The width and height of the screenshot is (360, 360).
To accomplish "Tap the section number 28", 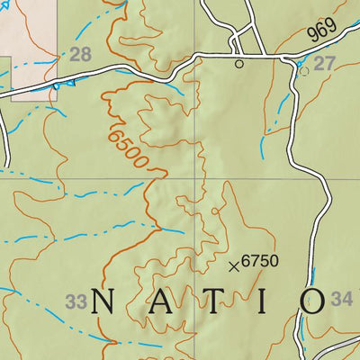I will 80,56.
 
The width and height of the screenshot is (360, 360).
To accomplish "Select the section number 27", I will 324,64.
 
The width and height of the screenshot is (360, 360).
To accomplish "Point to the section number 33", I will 76,302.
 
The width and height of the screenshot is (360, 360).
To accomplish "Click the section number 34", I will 342,300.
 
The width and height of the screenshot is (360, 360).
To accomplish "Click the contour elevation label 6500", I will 125,147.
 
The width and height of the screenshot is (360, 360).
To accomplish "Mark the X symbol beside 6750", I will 234,265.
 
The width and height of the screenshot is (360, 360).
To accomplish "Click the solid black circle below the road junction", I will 239,64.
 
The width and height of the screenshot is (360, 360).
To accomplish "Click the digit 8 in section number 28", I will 85,56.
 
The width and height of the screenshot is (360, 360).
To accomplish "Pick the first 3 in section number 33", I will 70,302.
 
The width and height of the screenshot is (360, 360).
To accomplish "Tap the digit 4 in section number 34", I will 347,300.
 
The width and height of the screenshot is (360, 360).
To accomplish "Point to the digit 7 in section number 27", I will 329,64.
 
